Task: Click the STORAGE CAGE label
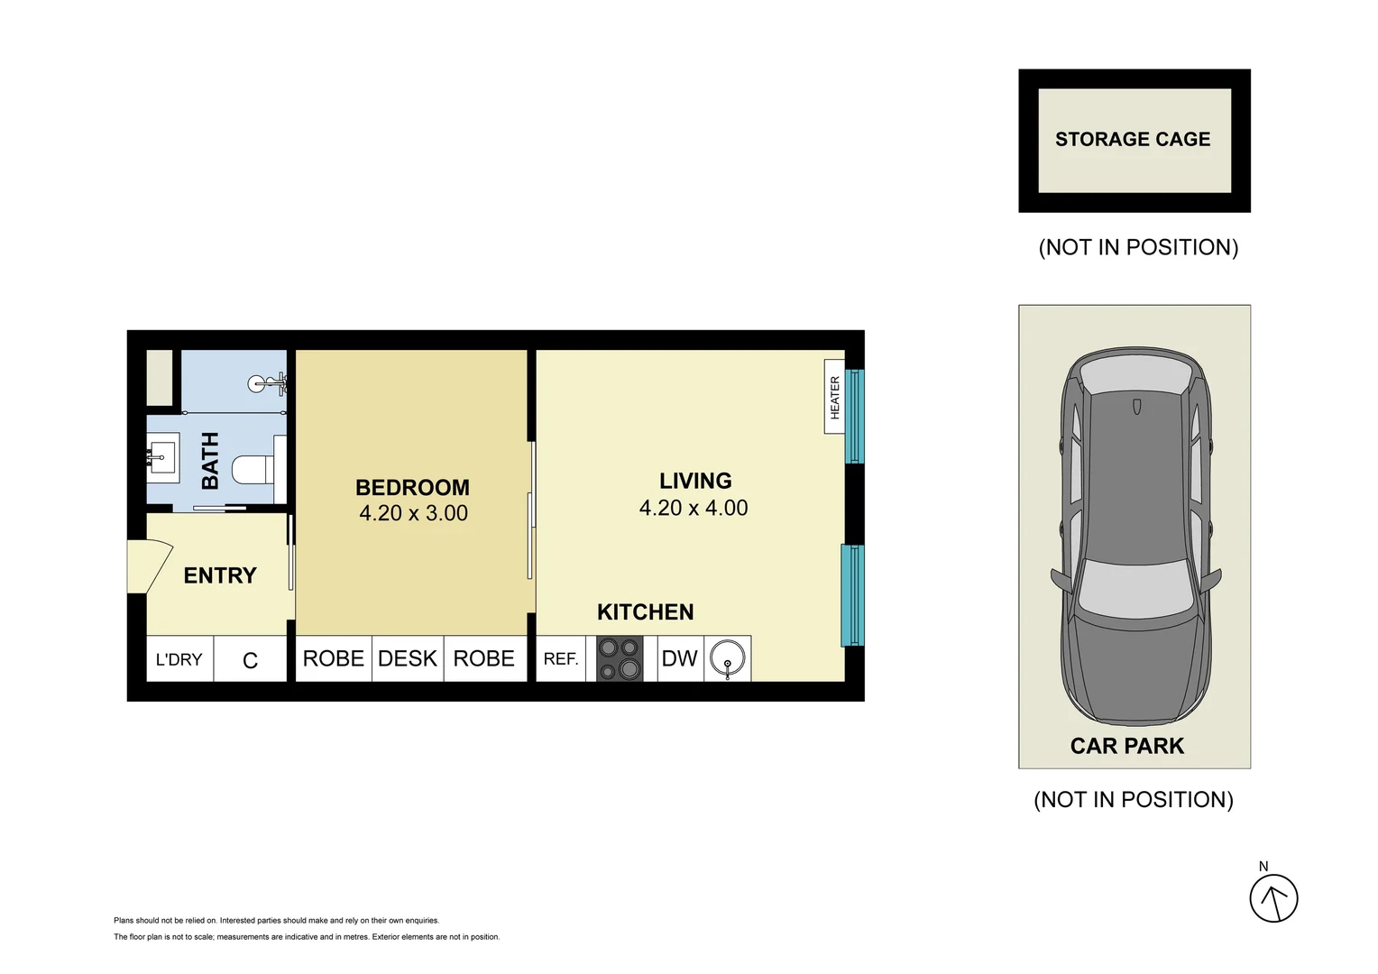pyautogui.click(x=1133, y=139)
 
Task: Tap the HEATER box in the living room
pyautogui.click(x=834, y=397)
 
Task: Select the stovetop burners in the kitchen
pyautogui.click(x=620, y=658)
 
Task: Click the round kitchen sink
pyautogui.click(x=727, y=658)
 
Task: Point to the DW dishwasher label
pyautogui.click(x=679, y=658)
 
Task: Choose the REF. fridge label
pyautogui.click(x=561, y=659)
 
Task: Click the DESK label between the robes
pyautogui.click(x=408, y=658)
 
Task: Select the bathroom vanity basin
pyautogui.click(x=163, y=458)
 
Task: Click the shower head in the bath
pyautogui.click(x=268, y=384)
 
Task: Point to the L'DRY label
pyautogui.click(x=179, y=659)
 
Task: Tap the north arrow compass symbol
pyautogui.click(x=1274, y=898)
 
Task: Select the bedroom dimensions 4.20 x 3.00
pyautogui.click(x=413, y=513)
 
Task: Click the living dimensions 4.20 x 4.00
pyautogui.click(x=694, y=508)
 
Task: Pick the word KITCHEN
pyautogui.click(x=646, y=612)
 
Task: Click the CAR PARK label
pyautogui.click(x=1127, y=746)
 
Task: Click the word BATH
pyautogui.click(x=210, y=461)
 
